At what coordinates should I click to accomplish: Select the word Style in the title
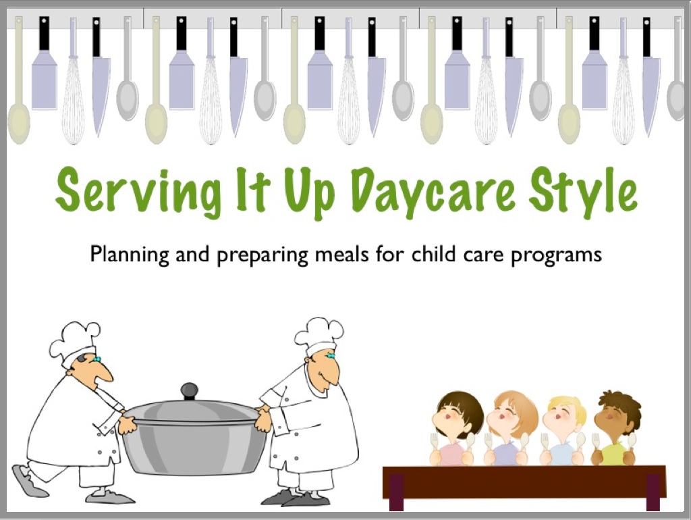point(582,192)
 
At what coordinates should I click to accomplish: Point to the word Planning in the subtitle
point(130,255)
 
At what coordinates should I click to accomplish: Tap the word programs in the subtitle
point(556,256)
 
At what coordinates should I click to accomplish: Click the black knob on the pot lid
point(190,391)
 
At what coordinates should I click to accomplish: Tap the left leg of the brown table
point(396,492)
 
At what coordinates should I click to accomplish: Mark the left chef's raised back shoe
point(27,482)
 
